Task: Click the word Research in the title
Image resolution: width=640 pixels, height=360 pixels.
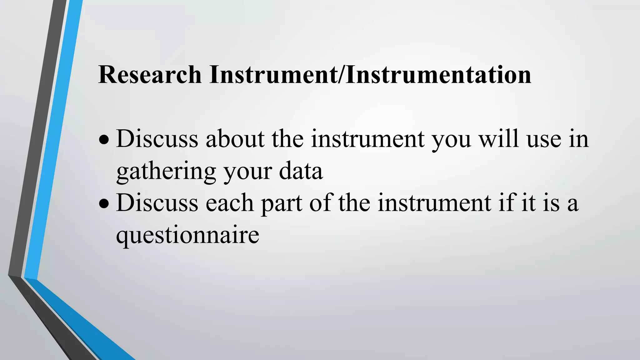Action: (x=150, y=75)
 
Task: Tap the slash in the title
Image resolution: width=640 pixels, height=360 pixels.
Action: (x=342, y=75)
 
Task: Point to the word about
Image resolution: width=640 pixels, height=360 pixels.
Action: (x=235, y=139)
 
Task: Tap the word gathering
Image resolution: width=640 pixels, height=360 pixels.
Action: (x=166, y=172)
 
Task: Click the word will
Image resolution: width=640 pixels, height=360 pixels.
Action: (x=499, y=139)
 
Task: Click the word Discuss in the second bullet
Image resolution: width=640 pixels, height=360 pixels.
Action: (x=157, y=203)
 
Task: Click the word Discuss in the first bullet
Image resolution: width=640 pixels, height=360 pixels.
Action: (x=157, y=139)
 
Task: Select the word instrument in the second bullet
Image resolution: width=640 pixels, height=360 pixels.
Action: (x=434, y=203)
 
